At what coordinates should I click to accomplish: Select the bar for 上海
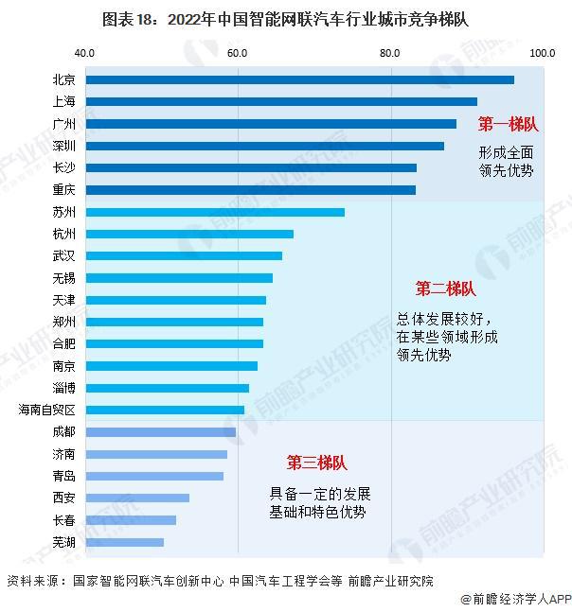281,101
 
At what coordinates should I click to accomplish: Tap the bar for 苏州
215,212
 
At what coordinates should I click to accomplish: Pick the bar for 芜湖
125,542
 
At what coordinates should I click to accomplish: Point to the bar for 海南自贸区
165,410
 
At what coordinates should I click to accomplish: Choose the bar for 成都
161,432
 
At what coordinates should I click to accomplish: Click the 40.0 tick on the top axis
84,52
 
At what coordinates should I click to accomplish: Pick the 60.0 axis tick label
237,52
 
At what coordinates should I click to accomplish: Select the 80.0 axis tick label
390,52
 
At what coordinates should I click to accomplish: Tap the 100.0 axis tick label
542,52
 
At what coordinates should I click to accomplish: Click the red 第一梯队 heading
508,124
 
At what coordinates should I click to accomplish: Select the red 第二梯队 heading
445,289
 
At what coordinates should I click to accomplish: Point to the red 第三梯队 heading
317,463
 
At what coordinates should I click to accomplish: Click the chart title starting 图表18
285,18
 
